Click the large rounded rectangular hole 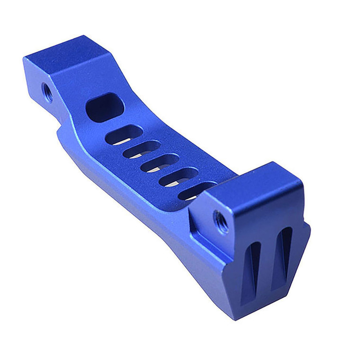tap(105, 107)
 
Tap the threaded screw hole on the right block tap(221, 221)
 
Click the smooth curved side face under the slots tap(142, 199)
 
